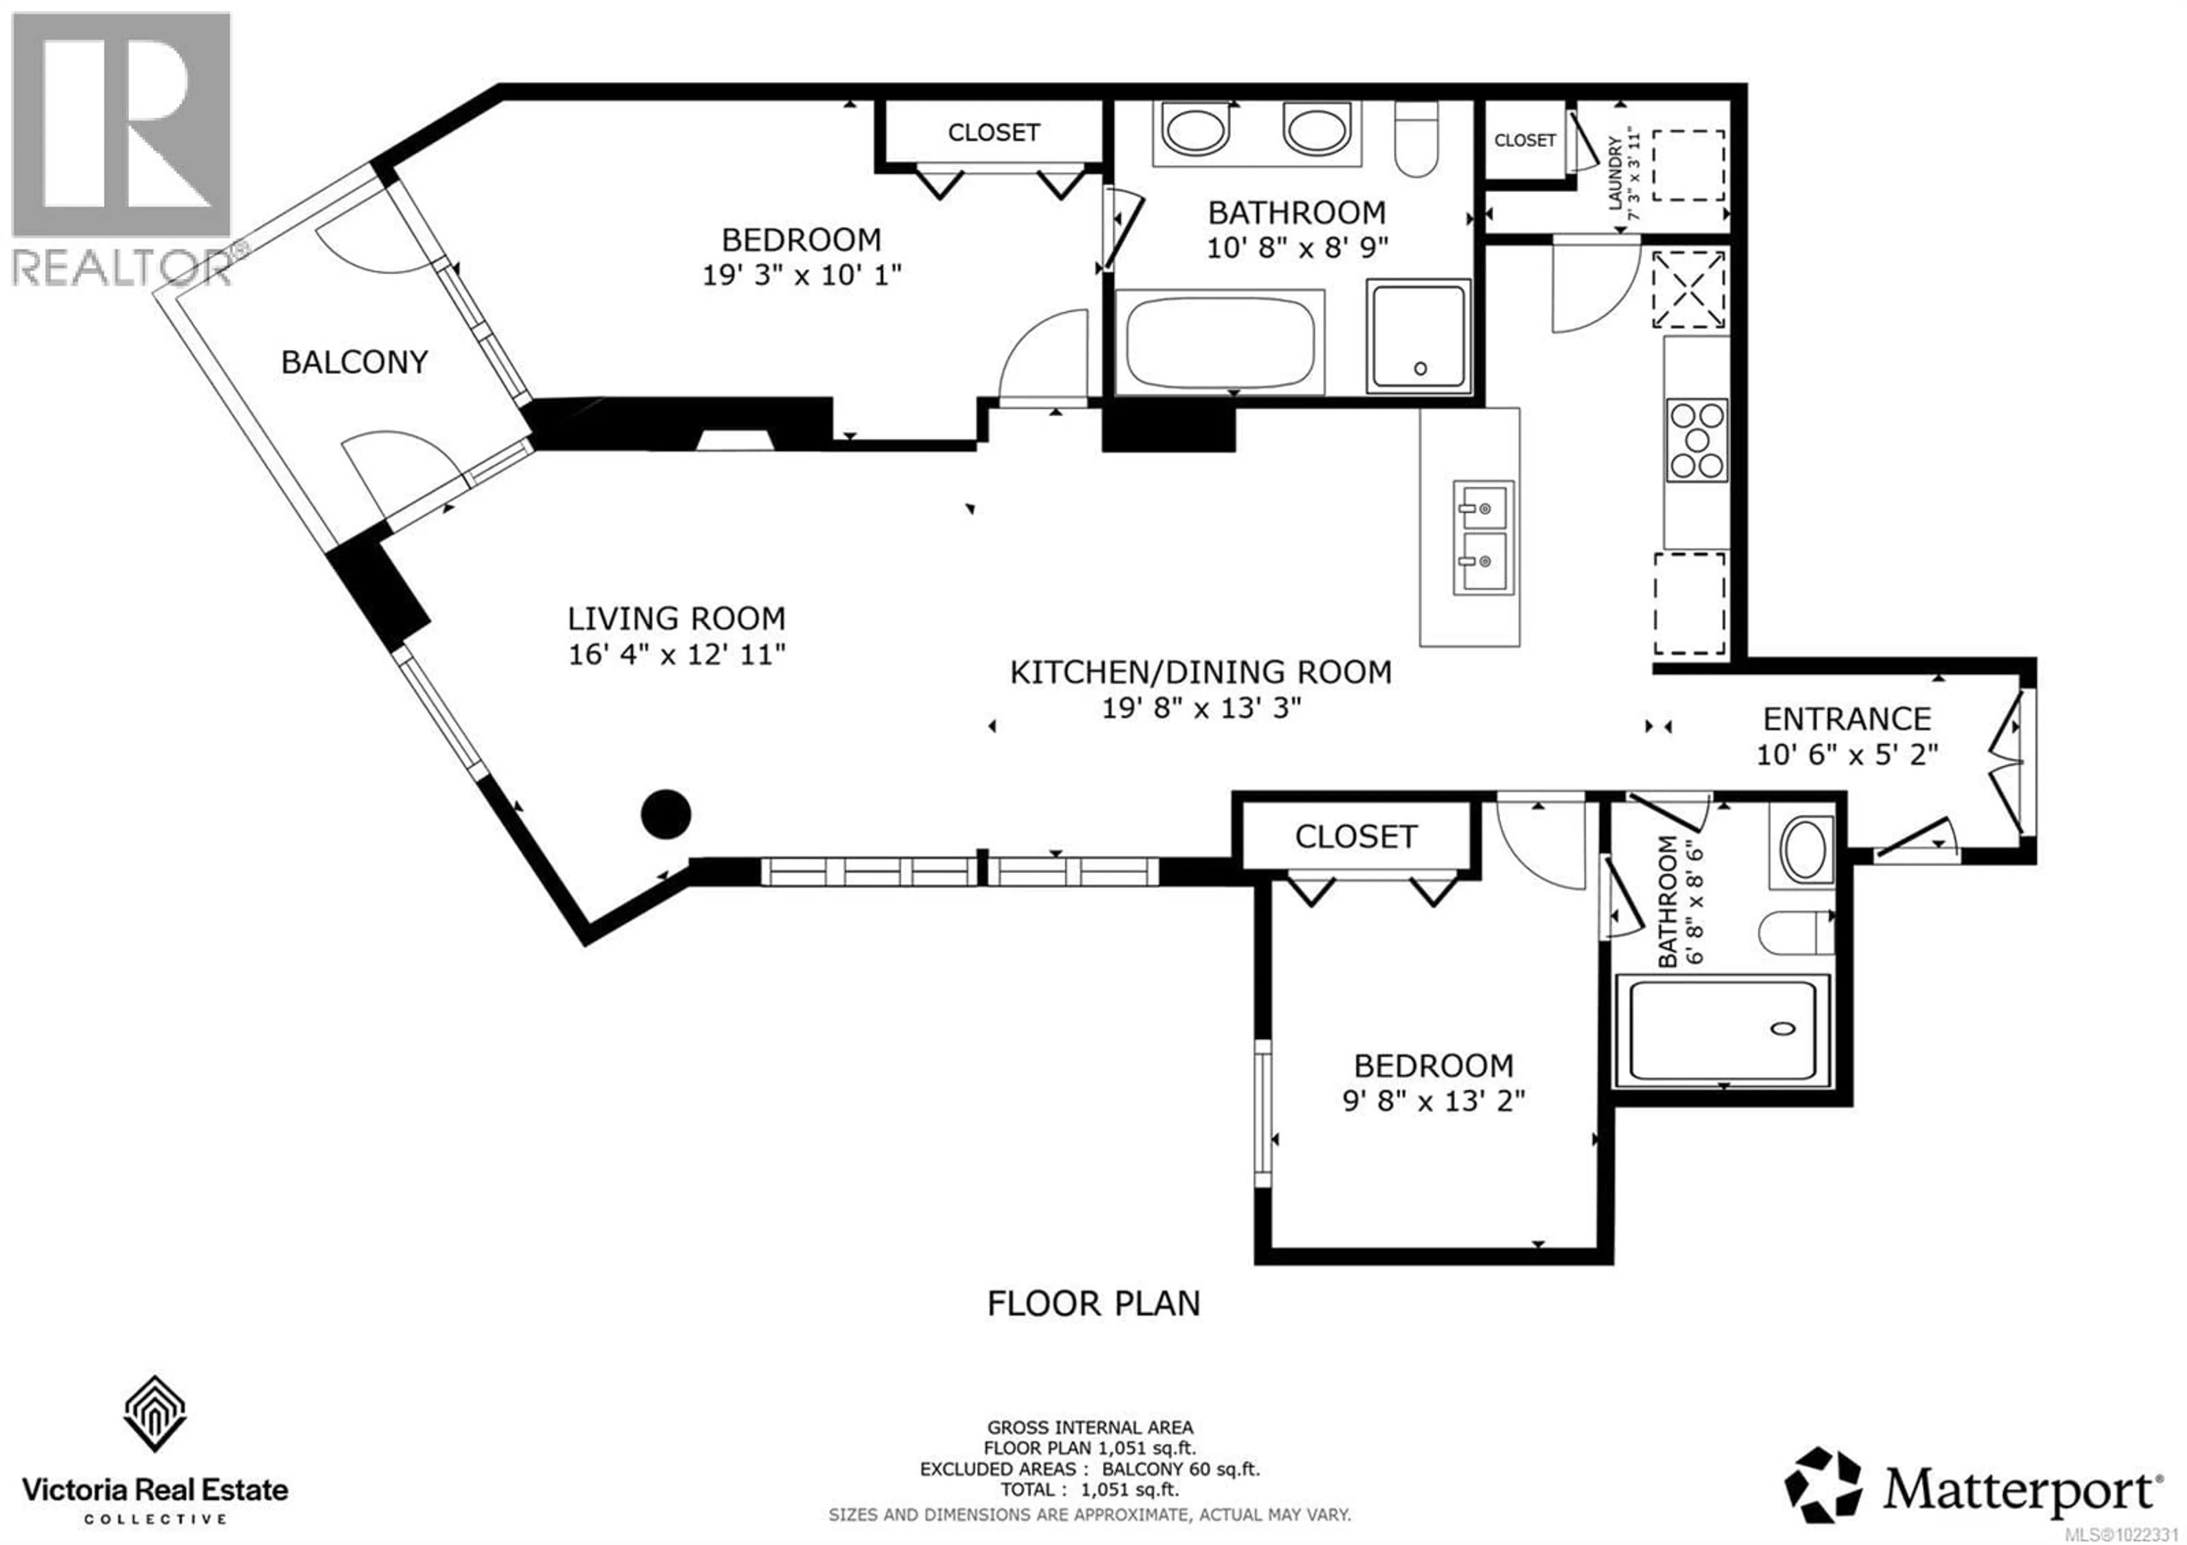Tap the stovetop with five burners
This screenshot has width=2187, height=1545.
(x=1697, y=439)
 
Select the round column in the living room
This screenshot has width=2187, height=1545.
(x=666, y=815)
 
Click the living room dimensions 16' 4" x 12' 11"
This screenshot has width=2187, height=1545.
(x=676, y=655)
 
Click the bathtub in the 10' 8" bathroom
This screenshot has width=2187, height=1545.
(x=1219, y=341)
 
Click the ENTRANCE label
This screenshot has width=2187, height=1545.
(x=1846, y=718)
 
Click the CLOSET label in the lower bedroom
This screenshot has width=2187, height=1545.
(x=1355, y=836)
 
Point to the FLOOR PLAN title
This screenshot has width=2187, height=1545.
(x=1093, y=1303)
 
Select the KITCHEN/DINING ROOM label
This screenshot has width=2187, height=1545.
(x=1200, y=672)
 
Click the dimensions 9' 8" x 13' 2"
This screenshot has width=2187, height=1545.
(x=1434, y=1101)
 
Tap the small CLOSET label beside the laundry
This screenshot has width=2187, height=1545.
(x=1524, y=140)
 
